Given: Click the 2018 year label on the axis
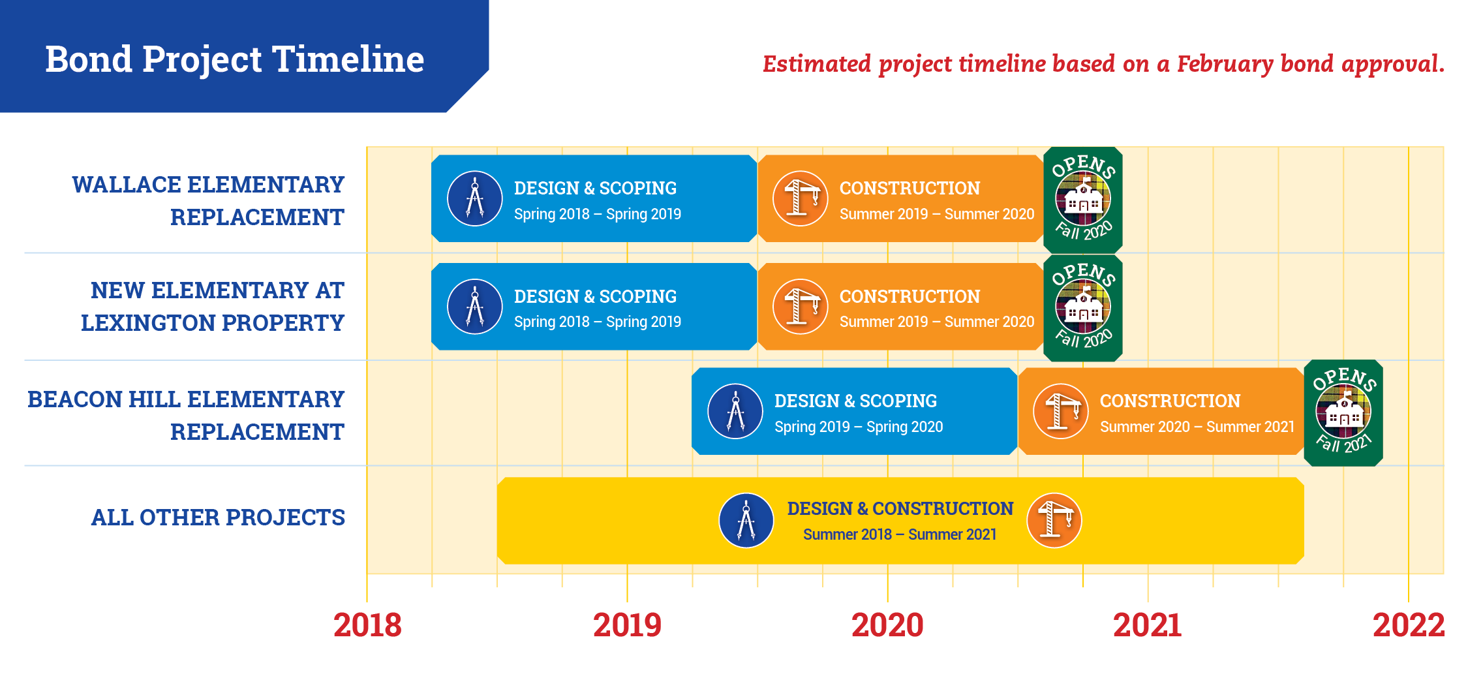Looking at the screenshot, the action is [367, 625].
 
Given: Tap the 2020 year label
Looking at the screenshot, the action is [887, 625].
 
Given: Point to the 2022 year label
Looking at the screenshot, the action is [1409, 625].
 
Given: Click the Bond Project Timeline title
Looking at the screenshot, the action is [234, 59].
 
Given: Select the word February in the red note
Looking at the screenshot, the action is [1225, 65].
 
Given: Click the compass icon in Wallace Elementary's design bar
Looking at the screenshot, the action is [475, 198].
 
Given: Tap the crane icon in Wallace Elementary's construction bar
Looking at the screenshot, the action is [801, 198].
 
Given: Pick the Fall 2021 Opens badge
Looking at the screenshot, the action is [1343, 412].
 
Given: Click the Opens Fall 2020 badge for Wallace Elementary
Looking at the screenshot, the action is [1083, 200].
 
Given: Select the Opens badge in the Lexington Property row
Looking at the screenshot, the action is [1083, 307].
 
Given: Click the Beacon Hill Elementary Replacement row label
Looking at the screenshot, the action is [185, 415].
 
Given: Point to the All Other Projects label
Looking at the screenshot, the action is [218, 518].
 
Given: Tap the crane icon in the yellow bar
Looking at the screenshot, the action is [1054, 520].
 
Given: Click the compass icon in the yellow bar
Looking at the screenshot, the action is [746, 520].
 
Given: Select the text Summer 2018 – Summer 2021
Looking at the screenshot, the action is [900, 534].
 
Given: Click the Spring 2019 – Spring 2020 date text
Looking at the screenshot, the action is [859, 427].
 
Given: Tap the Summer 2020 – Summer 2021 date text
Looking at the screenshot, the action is [1197, 427].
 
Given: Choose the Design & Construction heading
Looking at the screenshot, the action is [900, 508].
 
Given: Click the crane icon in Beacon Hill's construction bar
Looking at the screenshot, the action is [1061, 411].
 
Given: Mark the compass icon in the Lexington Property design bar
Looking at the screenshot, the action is [475, 307].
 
